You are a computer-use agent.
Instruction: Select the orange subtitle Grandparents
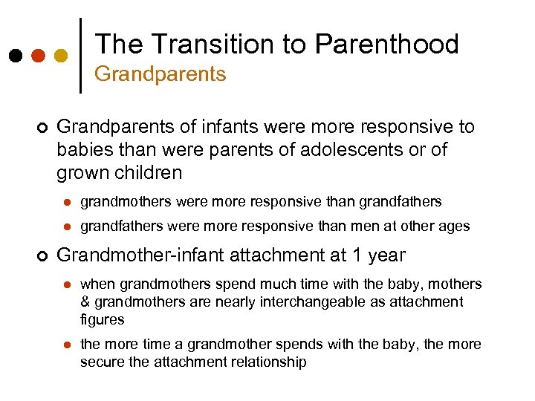click(x=160, y=74)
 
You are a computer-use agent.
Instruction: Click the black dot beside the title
click(x=16, y=56)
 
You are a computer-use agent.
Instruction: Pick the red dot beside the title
click(x=39, y=56)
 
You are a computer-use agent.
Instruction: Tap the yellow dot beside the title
click(x=61, y=56)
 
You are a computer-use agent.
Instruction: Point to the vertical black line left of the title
click(x=80, y=55)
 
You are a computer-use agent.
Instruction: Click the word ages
click(x=455, y=226)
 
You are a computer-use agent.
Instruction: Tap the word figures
click(x=103, y=319)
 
